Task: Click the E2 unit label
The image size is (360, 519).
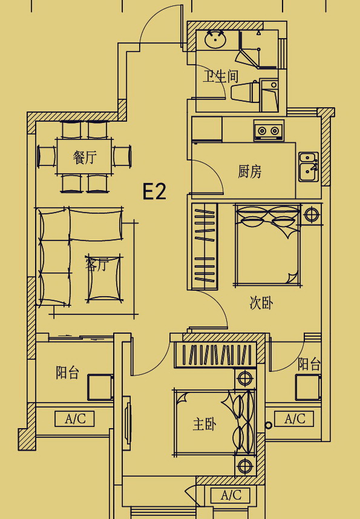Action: point(154,191)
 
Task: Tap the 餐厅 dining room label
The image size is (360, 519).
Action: point(85,157)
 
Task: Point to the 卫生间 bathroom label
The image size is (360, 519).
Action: point(220,76)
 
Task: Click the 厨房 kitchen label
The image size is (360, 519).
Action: point(250,171)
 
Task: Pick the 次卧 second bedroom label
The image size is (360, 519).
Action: point(261,303)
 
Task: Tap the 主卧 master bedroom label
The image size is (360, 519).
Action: point(205,424)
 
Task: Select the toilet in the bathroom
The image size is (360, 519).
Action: point(245,91)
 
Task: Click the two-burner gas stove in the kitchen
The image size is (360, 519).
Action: point(269,130)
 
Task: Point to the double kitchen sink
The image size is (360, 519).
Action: point(309,167)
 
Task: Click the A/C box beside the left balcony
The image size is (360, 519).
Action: point(74,419)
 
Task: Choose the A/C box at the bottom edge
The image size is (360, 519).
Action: point(231,495)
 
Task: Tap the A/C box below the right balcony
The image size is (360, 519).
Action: point(294,418)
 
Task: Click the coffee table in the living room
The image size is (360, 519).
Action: point(104,279)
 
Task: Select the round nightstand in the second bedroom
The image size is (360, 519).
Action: point(311,214)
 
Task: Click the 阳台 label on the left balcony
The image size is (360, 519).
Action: point(67,372)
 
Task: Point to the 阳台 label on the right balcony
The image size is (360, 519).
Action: point(309,364)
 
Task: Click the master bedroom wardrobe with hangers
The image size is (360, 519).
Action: point(215,355)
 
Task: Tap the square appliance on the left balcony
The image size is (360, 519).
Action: point(100,388)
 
